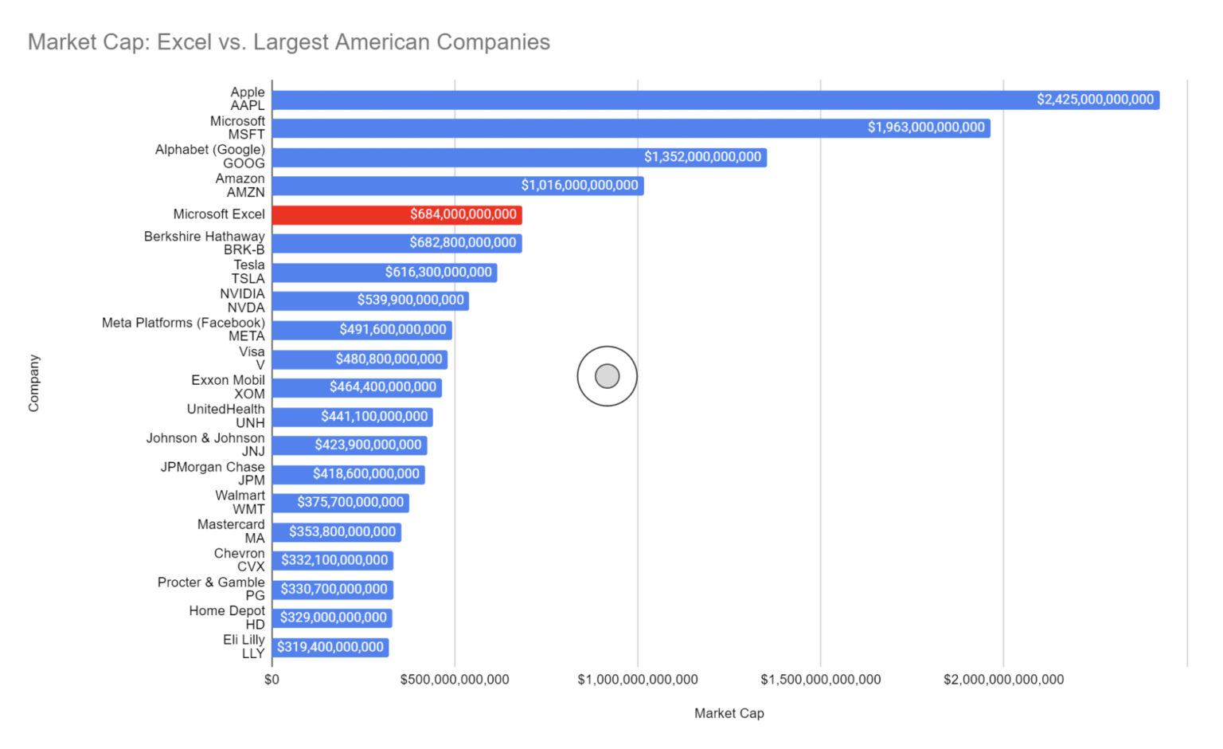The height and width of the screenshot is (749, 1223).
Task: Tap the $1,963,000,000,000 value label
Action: [926, 127]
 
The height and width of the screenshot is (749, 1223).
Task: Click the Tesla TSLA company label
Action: [248, 272]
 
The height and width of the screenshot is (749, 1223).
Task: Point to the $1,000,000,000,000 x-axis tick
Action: [637, 680]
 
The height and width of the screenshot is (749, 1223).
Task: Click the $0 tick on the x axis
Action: [272, 680]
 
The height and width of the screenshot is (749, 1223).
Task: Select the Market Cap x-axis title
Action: [729, 713]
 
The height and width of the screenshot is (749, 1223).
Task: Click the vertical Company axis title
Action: [33, 383]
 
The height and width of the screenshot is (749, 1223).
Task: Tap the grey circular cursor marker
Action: [607, 376]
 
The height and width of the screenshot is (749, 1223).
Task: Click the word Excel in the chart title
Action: [184, 41]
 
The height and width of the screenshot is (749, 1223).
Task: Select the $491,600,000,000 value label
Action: [393, 330]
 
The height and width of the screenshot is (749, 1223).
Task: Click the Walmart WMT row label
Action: [240, 502]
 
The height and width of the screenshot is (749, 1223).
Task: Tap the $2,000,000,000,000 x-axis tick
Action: [1003, 680]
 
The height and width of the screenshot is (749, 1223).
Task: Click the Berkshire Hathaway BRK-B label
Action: [204, 243]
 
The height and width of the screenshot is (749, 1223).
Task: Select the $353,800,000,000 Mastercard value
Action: [342, 531]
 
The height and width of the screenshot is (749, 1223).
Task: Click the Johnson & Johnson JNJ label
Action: [205, 445]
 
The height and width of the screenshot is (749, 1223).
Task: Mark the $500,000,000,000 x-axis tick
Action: [455, 680]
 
